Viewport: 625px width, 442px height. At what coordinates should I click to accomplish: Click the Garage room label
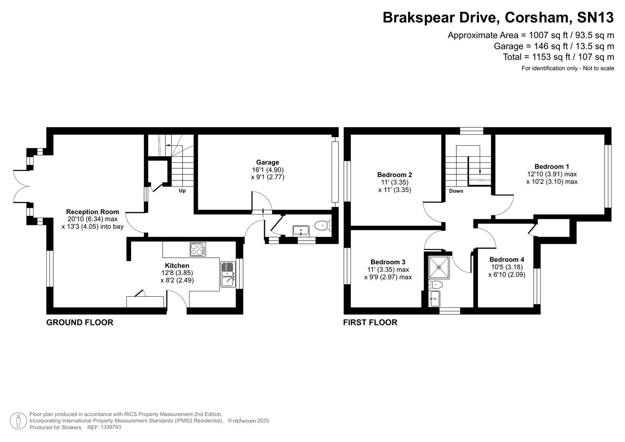(x=267, y=162)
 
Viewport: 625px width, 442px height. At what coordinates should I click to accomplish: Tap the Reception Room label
(x=93, y=212)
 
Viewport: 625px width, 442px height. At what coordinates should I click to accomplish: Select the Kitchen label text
(x=177, y=266)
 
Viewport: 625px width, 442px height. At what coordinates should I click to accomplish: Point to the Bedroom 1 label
(x=551, y=167)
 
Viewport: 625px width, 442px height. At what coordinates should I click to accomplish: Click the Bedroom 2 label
(x=395, y=175)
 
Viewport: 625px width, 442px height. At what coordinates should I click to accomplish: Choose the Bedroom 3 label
(x=388, y=262)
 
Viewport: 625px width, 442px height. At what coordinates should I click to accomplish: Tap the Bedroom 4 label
(x=506, y=259)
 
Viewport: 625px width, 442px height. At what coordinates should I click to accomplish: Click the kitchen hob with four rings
(x=198, y=249)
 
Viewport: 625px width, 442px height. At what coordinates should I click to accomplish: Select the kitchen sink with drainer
(x=228, y=274)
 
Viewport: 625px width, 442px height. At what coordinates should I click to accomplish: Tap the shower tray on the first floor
(x=439, y=267)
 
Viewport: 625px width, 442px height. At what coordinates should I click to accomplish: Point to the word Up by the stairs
(x=182, y=191)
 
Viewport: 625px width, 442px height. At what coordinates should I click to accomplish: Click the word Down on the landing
(x=456, y=191)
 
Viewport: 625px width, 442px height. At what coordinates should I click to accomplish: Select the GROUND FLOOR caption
(x=80, y=322)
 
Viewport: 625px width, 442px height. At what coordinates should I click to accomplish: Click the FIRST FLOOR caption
(x=370, y=322)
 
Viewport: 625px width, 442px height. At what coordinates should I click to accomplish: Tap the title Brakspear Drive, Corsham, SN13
(x=498, y=18)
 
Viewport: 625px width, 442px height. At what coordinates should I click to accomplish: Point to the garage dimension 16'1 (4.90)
(x=268, y=170)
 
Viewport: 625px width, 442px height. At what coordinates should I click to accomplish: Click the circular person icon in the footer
(x=18, y=421)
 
